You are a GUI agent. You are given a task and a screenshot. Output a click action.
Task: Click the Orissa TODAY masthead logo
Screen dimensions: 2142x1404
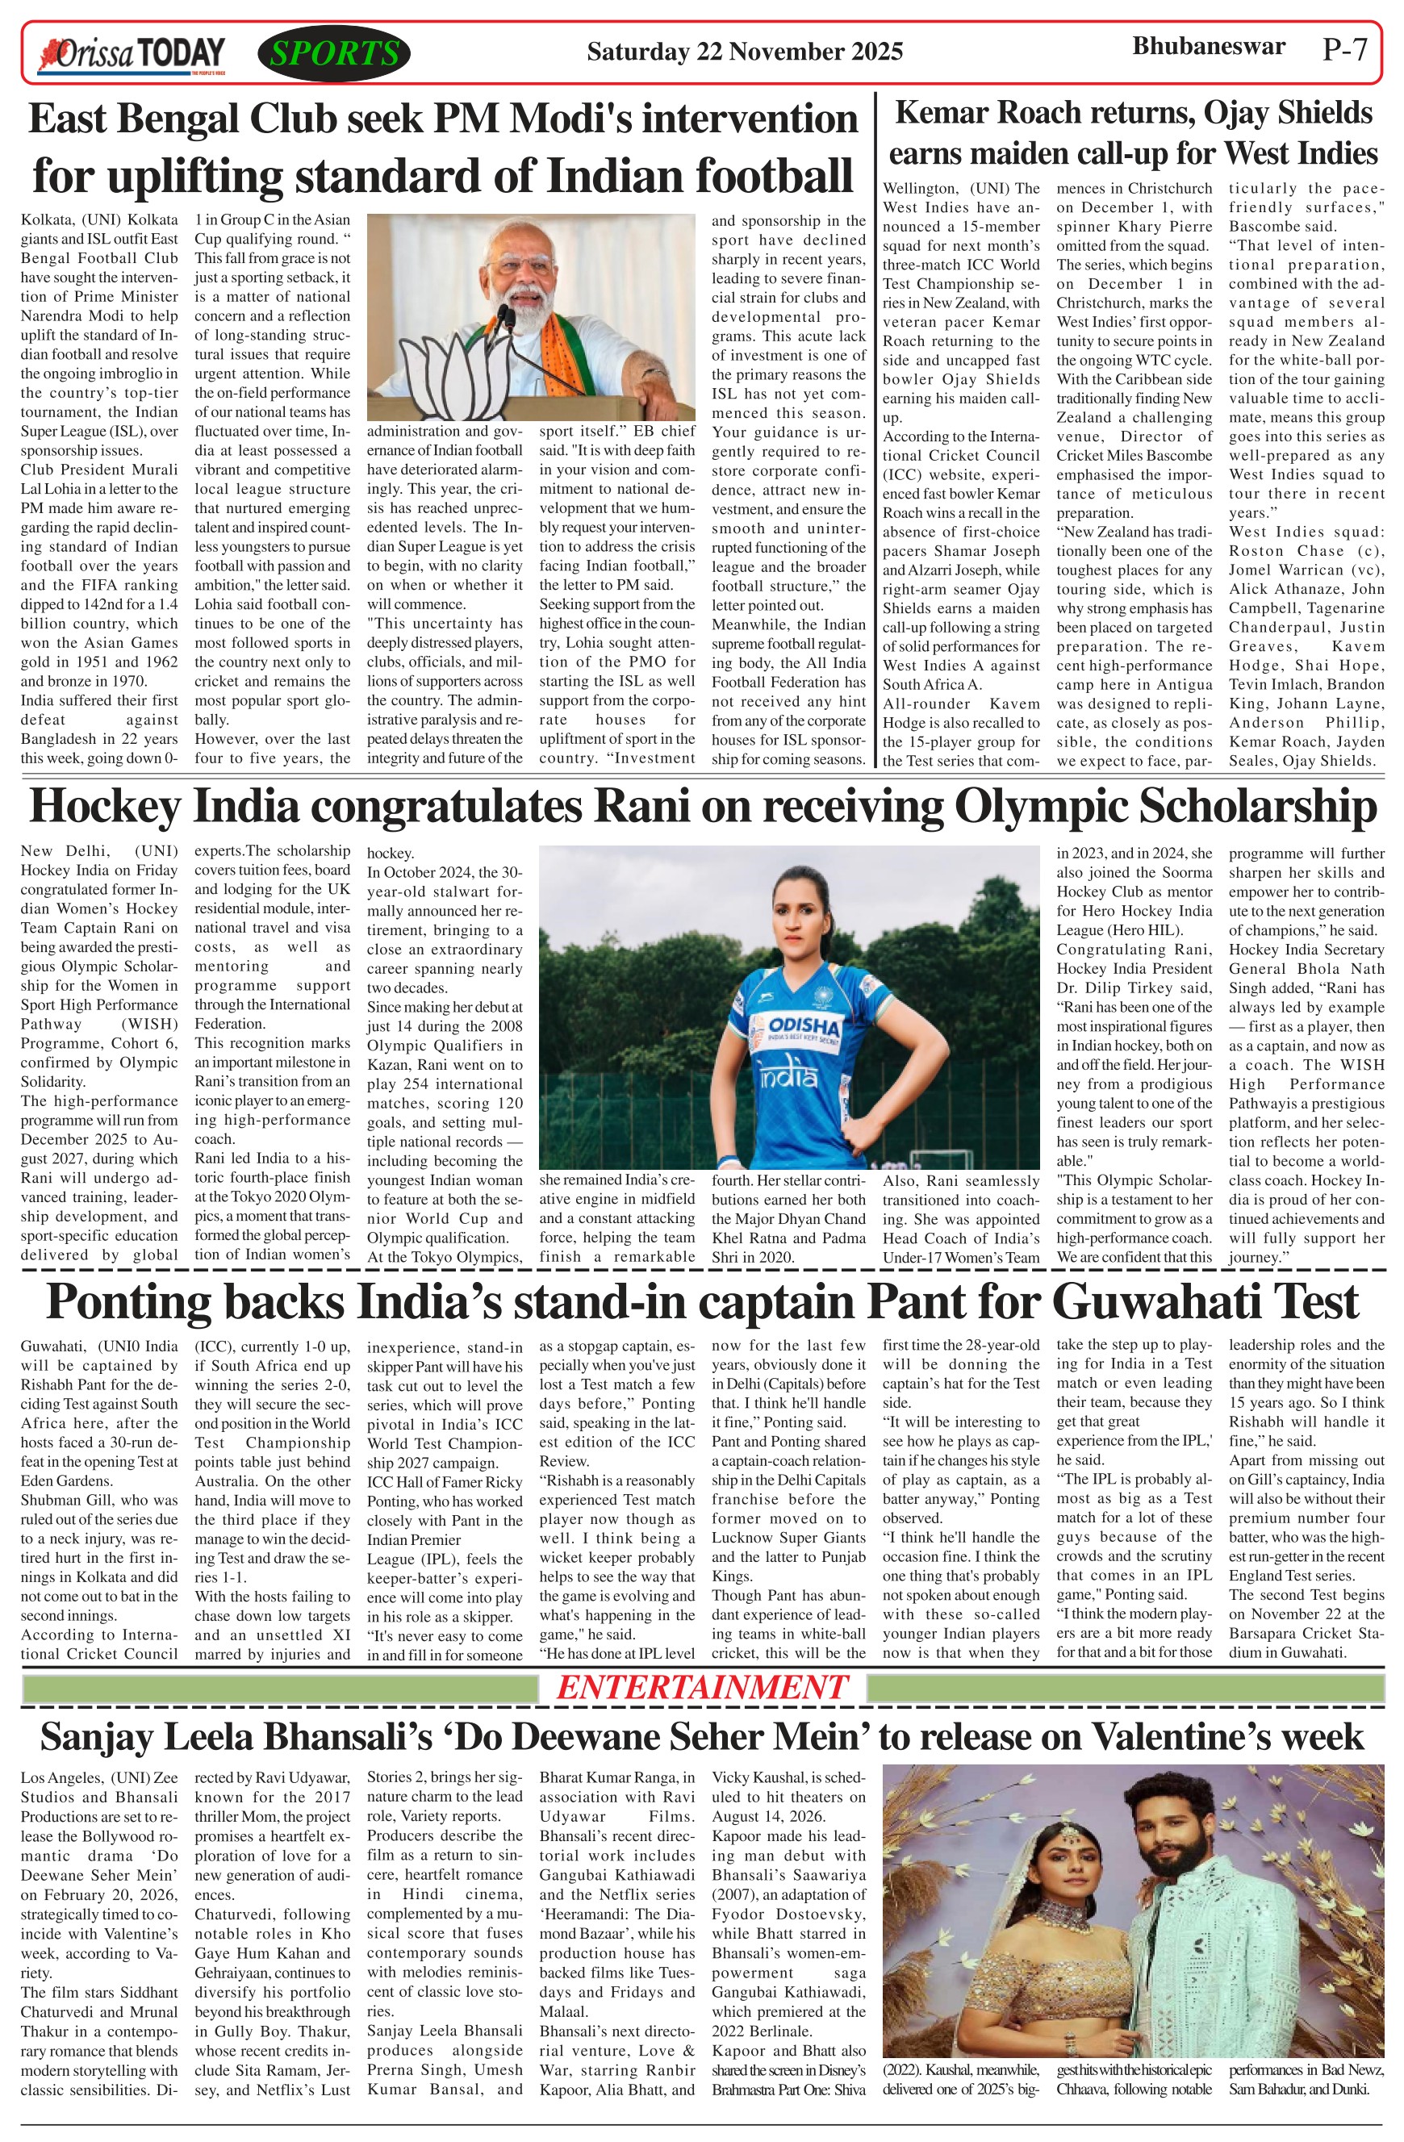pyautogui.click(x=131, y=55)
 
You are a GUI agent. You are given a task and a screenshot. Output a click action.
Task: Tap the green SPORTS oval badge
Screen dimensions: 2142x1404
pyautogui.click(x=334, y=54)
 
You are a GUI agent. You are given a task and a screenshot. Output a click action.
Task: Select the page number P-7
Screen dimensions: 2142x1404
pyautogui.click(x=1344, y=49)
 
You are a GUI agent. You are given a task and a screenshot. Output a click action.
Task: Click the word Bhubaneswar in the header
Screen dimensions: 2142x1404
pyautogui.click(x=1208, y=46)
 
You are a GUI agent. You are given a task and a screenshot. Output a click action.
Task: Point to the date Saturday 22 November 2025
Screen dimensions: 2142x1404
pyautogui.click(x=744, y=52)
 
